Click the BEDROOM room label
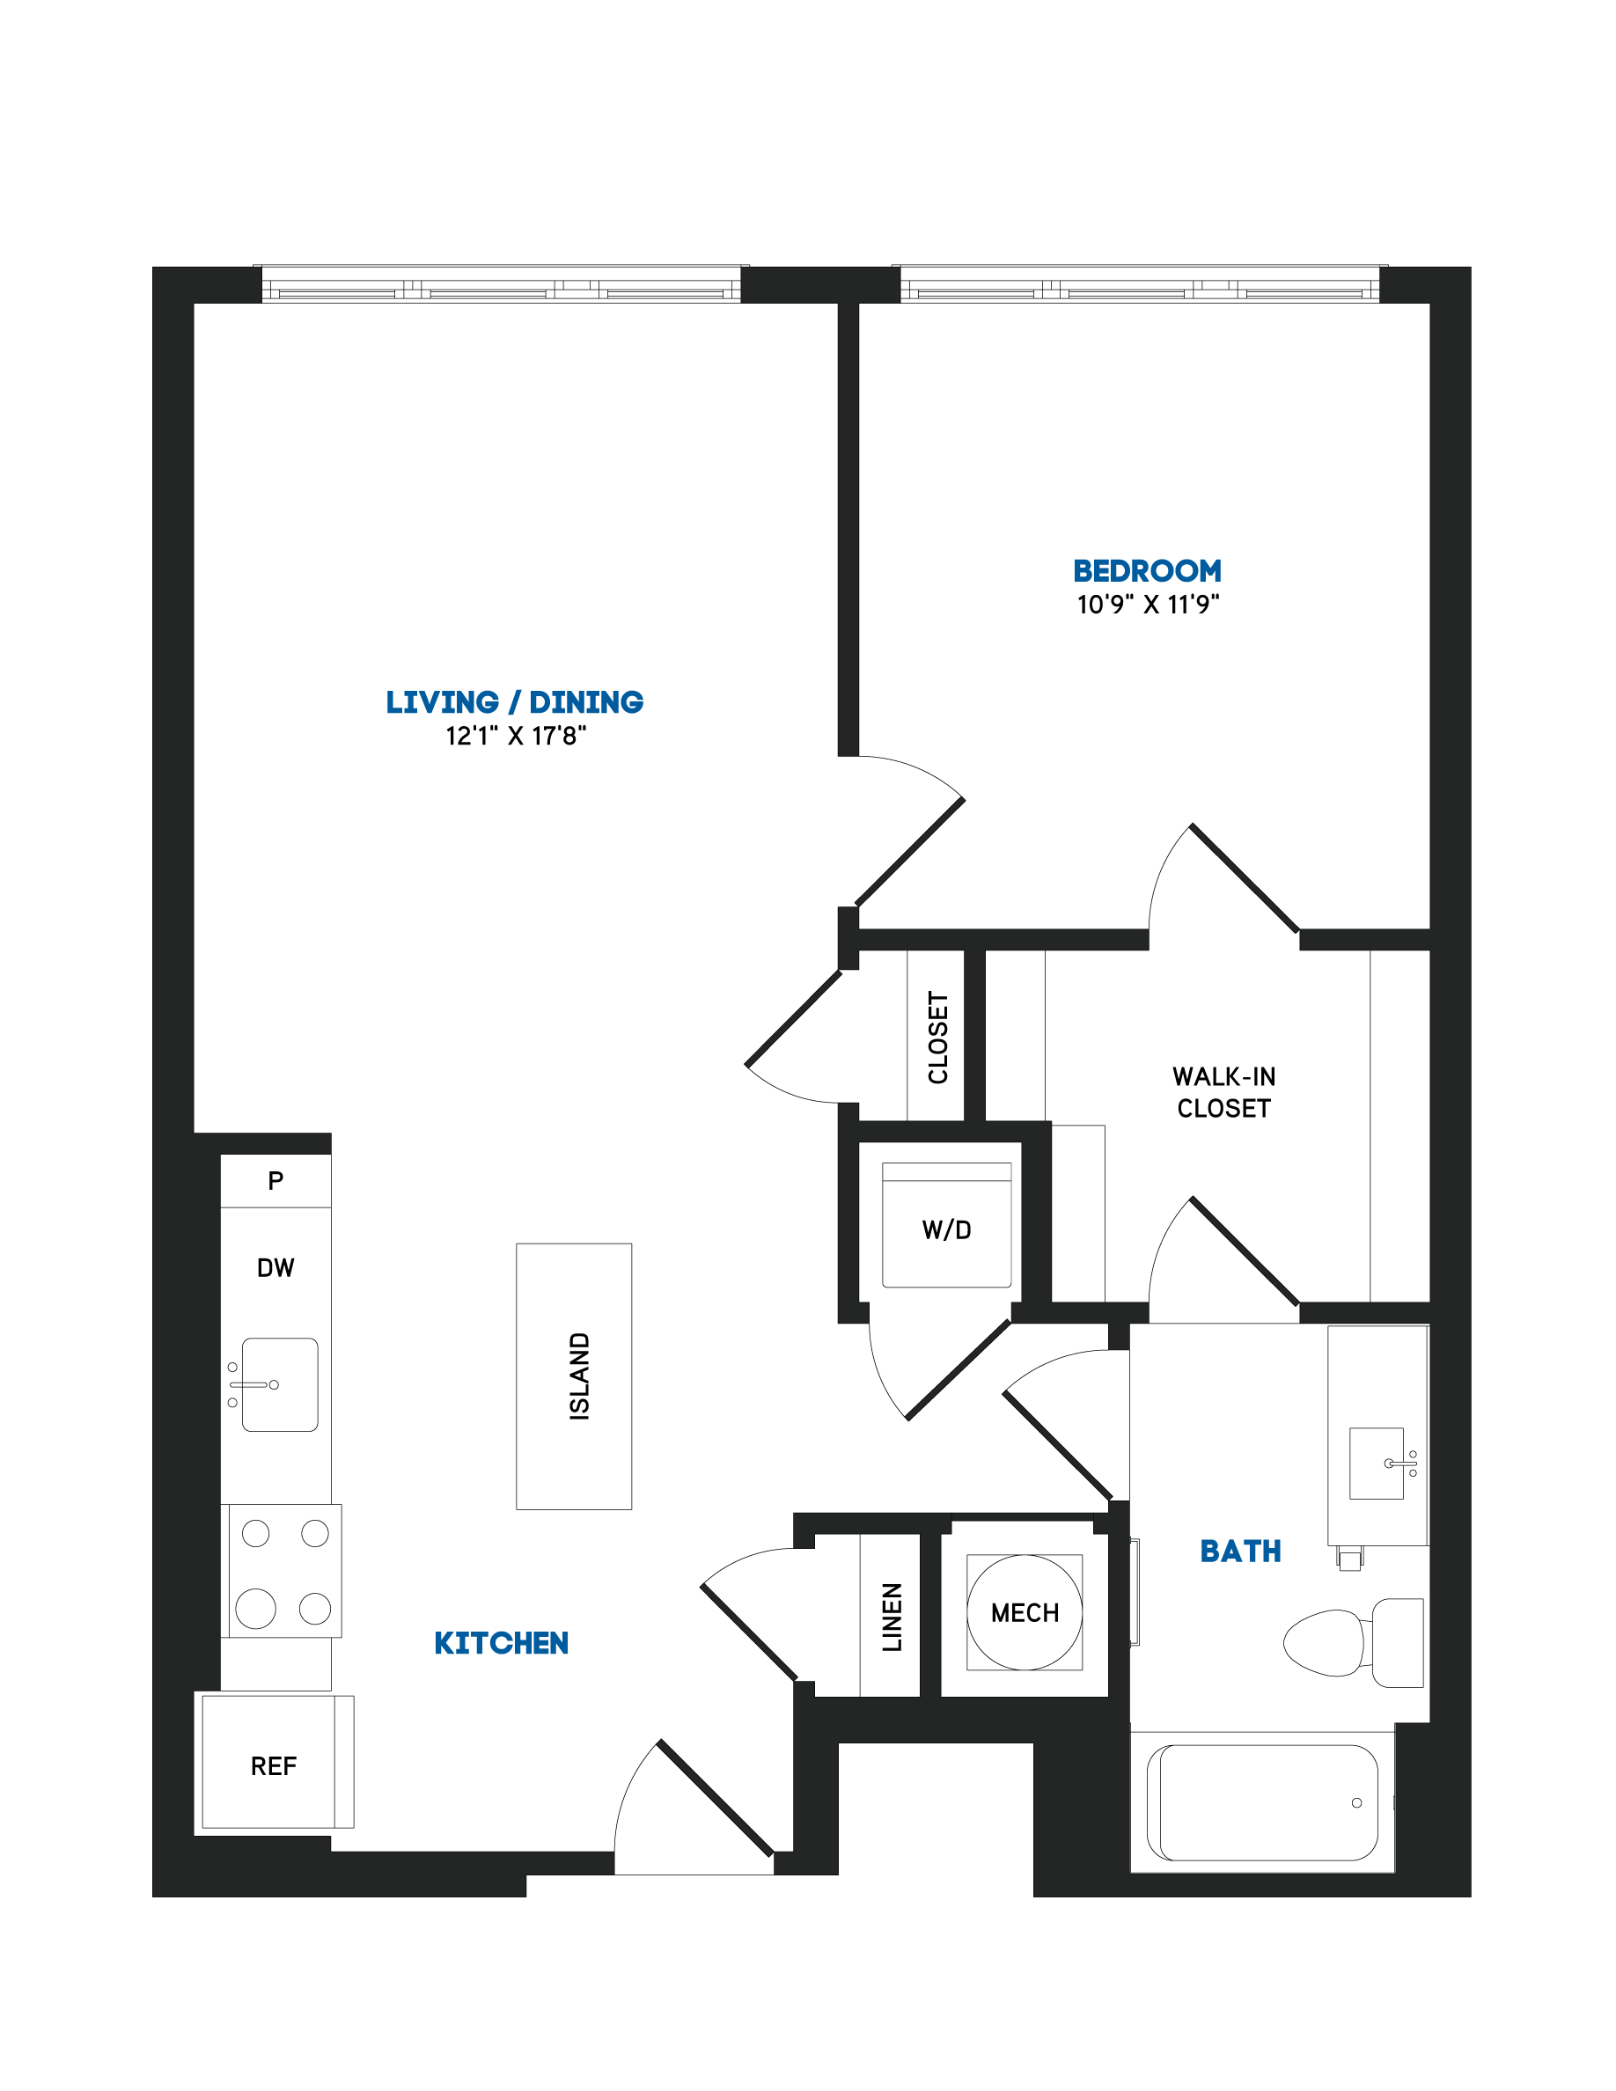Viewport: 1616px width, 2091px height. [x=1147, y=570]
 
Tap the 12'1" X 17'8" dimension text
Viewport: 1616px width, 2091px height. [x=515, y=736]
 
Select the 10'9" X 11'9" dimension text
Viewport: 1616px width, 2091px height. [x=1148, y=604]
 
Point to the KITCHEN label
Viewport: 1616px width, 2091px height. [x=501, y=1643]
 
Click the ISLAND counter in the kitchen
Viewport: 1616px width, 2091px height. [x=574, y=1376]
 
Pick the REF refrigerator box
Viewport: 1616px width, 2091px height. [x=277, y=1762]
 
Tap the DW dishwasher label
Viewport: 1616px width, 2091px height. [x=275, y=1267]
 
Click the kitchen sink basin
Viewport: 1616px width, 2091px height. [x=280, y=1384]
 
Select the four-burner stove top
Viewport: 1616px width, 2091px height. [x=285, y=1571]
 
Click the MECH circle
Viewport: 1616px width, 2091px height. [x=1025, y=1612]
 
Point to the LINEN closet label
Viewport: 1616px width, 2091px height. [x=892, y=1618]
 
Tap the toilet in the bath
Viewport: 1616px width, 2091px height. [x=1353, y=1642]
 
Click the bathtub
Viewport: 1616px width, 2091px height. [x=1263, y=1803]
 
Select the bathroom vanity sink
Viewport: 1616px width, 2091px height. [x=1377, y=1464]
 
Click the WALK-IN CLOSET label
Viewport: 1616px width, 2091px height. [x=1224, y=1092]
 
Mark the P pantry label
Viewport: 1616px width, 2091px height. [x=275, y=1180]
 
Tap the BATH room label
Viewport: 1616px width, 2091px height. [x=1241, y=1551]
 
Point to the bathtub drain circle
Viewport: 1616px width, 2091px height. [x=1356, y=1803]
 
